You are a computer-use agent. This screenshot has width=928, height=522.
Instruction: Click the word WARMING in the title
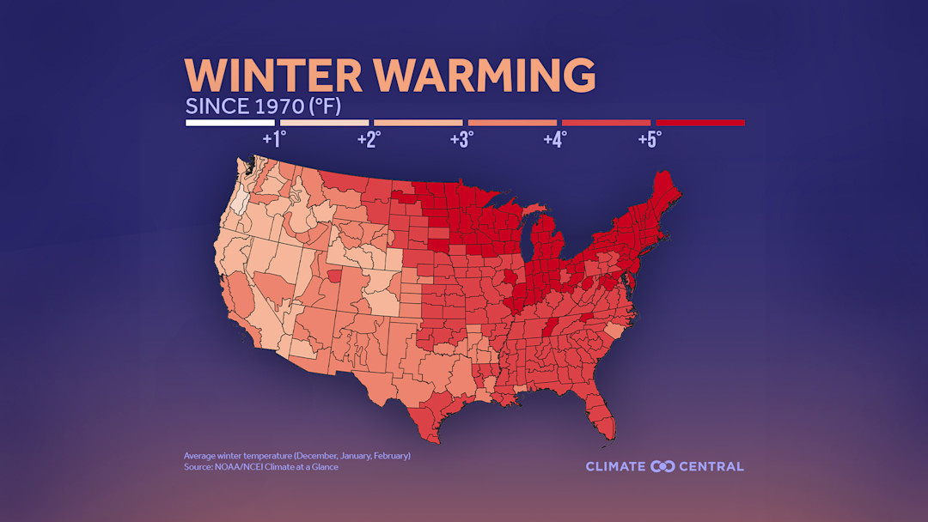485,76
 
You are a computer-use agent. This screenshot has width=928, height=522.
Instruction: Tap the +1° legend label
274,139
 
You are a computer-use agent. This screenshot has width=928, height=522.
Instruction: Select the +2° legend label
369,139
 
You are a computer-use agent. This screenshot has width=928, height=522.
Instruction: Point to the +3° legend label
462,139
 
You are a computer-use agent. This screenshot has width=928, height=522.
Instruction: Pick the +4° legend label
555,139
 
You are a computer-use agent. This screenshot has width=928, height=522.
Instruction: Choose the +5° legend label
650,139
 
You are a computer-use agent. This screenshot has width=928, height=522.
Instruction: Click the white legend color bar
229,123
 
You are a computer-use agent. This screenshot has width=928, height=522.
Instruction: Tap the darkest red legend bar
699,123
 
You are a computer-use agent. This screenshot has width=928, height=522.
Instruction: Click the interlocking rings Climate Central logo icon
662,466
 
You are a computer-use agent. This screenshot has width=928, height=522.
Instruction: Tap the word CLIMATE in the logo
616,466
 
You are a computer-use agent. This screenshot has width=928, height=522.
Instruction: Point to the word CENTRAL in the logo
711,466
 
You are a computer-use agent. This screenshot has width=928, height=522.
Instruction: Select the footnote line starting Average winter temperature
296,455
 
